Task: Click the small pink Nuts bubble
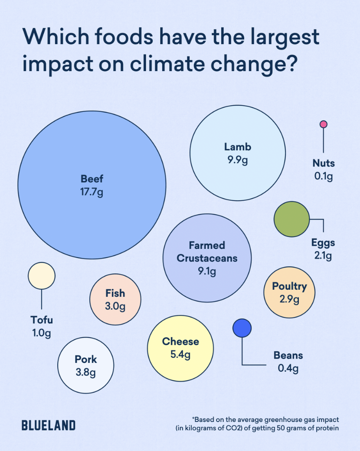click(324, 124)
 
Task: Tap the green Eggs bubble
click(291, 219)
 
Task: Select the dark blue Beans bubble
click(242, 328)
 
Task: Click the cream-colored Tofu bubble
click(42, 276)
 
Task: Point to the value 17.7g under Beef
click(92, 192)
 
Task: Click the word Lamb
click(238, 147)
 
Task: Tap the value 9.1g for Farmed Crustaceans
click(207, 271)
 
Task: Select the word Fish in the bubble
click(115, 293)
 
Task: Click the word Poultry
click(289, 287)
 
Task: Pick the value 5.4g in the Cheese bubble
click(180, 354)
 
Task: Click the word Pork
click(86, 359)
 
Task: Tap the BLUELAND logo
click(48, 425)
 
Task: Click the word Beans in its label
click(288, 355)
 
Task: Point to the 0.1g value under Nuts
click(324, 176)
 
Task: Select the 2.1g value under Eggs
click(323, 255)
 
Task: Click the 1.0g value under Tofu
click(42, 333)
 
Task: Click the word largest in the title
click(285, 37)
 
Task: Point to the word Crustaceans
click(207, 258)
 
